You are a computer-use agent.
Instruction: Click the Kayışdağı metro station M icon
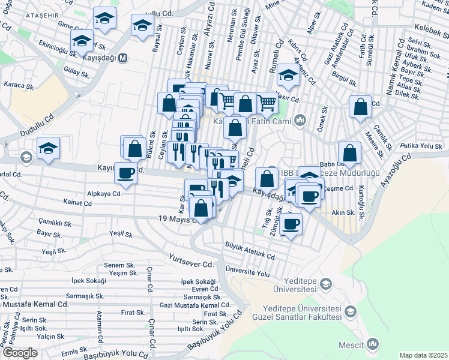coord(122,59)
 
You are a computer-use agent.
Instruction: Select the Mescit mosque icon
coord(373,344)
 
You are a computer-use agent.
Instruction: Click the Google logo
coord(20,353)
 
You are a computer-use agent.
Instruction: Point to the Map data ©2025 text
coord(423,355)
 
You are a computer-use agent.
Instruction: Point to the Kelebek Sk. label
coord(427,29)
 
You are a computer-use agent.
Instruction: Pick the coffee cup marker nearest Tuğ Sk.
coord(291,224)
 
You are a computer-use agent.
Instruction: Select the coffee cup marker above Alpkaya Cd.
coord(125,173)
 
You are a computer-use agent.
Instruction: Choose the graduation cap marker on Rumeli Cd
coord(289,76)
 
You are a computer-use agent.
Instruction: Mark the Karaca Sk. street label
coord(19,86)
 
